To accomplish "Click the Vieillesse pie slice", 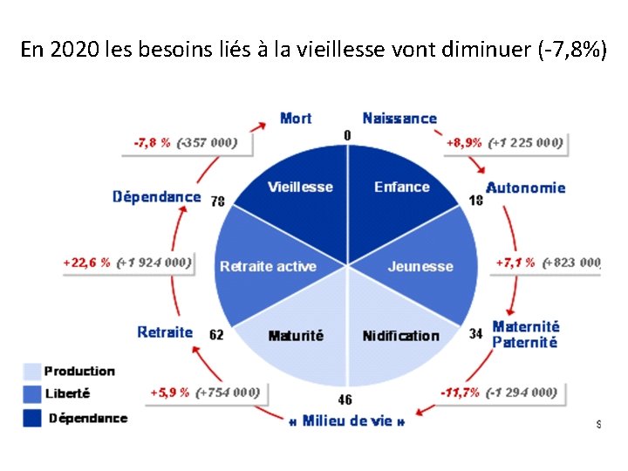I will tap(297, 192).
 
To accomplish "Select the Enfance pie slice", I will tap(401, 192).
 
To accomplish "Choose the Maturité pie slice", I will tap(297, 340).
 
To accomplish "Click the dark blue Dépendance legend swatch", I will tap(31, 419).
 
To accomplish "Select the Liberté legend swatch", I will tap(31, 395).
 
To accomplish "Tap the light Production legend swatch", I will tap(31, 372).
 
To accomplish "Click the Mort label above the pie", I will tap(296, 118).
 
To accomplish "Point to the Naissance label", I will tap(399, 118).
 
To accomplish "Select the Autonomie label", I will tap(525, 188).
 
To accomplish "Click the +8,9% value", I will tap(464, 142).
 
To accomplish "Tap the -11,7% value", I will tap(460, 392).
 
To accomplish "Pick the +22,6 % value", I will tap(87, 262).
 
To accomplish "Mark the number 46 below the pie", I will tap(345, 400).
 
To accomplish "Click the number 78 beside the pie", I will tap(217, 201).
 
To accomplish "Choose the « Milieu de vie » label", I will tap(346, 422).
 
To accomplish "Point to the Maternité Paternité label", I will tap(525, 334).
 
